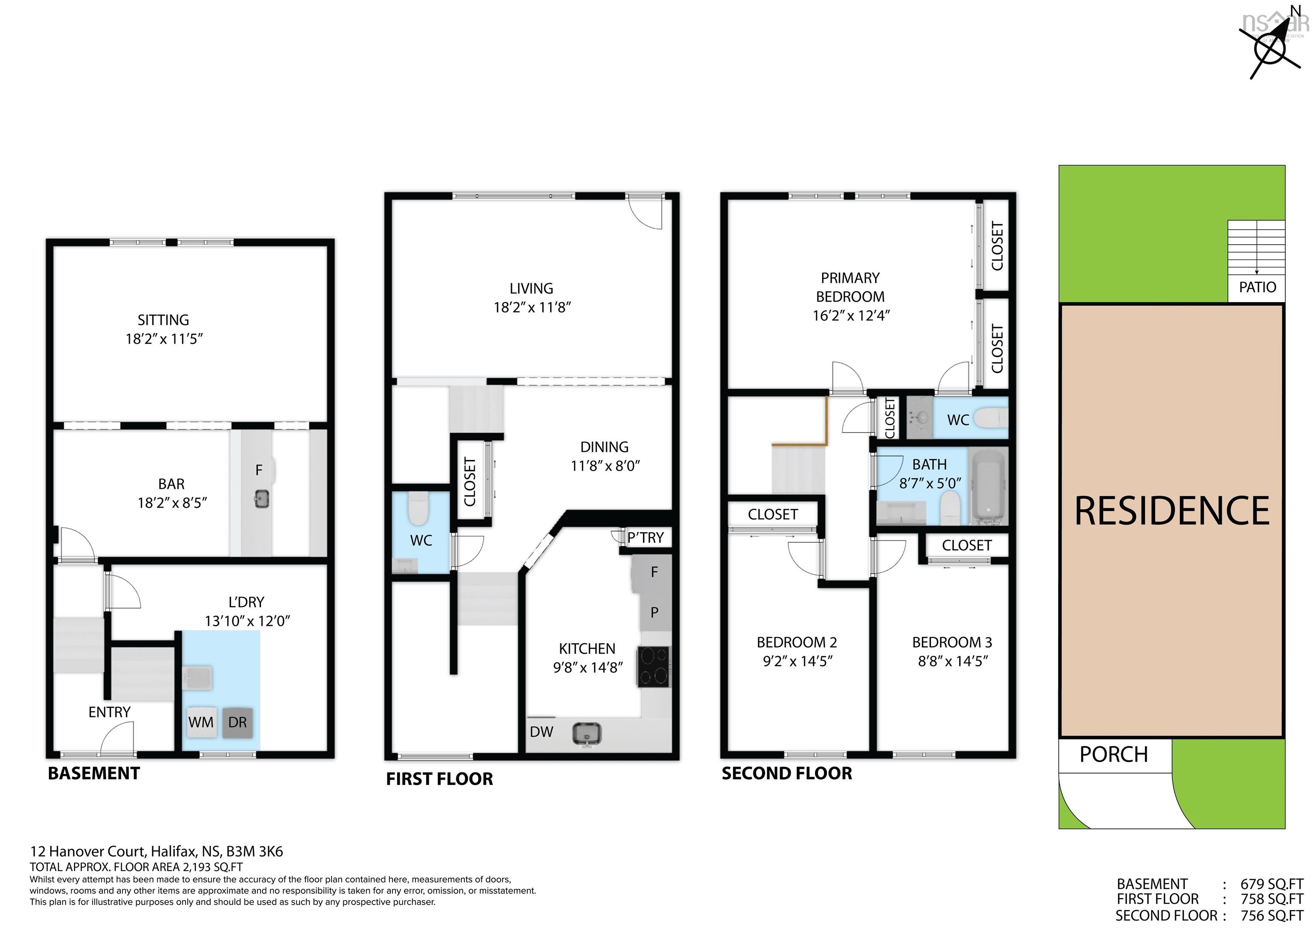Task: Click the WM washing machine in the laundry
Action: (x=200, y=722)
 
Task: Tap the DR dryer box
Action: (x=237, y=722)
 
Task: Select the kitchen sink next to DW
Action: (x=586, y=734)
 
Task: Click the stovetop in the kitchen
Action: (x=653, y=667)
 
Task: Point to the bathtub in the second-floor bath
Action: (x=987, y=487)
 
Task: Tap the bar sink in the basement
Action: (x=262, y=499)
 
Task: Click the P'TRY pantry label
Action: (x=646, y=538)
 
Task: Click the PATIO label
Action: (x=1258, y=287)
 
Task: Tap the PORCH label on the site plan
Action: (x=1114, y=754)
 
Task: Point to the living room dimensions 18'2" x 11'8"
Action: (x=532, y=307)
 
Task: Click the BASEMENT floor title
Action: (x=94, y=773)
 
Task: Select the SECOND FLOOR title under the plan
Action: (x=787, y=773)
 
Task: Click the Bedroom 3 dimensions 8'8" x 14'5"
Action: (x=953, y=661)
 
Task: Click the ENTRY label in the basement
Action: (x=110, y=712)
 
